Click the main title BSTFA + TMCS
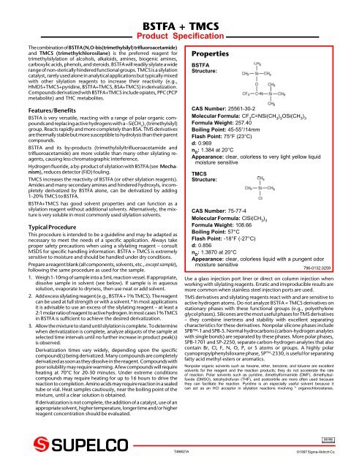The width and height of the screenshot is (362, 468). click(x=181, y=8)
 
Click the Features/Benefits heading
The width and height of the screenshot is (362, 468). click(x=45, y=107)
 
